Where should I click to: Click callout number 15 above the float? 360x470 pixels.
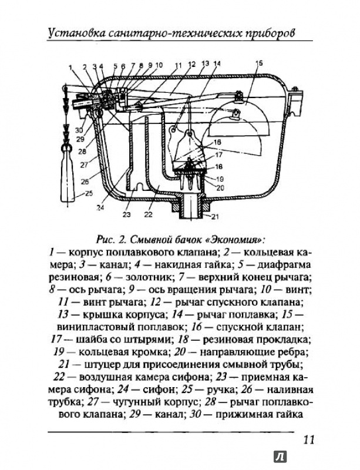(x=259, y=63)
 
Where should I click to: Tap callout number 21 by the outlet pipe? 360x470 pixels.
(x=214, y=216)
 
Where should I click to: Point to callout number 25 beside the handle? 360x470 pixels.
(x=89, y=193)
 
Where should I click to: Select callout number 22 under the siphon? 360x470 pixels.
(x=148, y=214)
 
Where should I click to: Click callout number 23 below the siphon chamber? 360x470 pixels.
(x=126, y=214)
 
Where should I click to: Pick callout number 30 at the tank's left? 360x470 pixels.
(x=79, y=130)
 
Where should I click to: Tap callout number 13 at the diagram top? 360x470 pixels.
(x=206, y=63)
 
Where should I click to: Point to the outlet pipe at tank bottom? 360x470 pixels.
(x=190, y=206)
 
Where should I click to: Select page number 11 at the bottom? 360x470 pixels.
(x=309, y=439)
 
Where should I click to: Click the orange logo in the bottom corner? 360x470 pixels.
(x=281, y=457)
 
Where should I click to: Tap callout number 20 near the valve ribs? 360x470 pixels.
(x=220, y=188)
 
